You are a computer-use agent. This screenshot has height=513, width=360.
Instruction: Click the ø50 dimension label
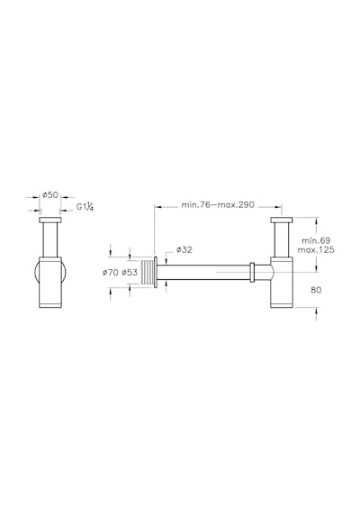(x=50, y=195)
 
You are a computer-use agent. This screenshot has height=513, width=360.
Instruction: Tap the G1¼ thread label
(x=85, y=207)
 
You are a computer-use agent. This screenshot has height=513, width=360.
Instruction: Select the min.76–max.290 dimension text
(x=218, y=205)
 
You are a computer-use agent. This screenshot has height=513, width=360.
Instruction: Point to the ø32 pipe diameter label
(x=184, y=250)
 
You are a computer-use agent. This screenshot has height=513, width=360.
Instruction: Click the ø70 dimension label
(x=111, y=272)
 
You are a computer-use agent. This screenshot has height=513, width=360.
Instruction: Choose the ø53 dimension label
(x=130, y=272)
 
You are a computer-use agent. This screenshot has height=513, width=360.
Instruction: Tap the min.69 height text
(x=316, y=241)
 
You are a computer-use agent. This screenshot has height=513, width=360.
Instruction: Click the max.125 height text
(x=316, y=250)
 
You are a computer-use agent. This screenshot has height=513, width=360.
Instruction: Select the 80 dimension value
(x=316, y=290)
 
